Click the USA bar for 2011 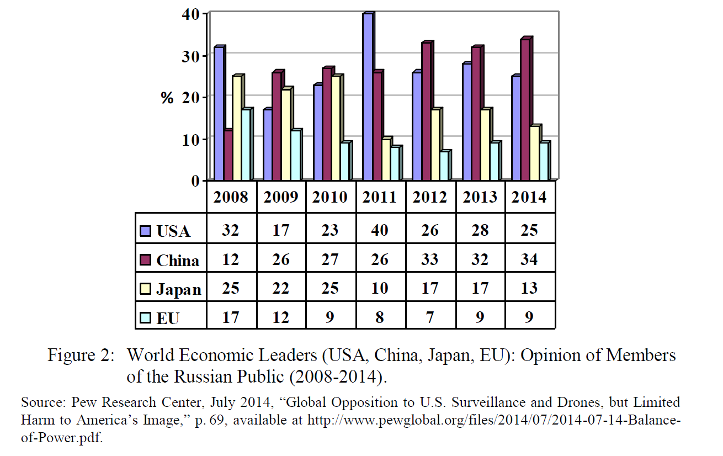pos(368,97)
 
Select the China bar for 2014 pos(525,110)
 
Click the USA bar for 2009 pos(267,145)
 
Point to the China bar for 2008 pos(227,155)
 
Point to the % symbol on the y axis pos(167,98)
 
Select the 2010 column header pos(330,197)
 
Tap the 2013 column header pos(480,197)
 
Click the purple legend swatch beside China pos(145,259)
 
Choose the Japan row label pos(178,289)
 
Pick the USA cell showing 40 pos(380,230)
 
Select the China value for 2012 pos(430,259)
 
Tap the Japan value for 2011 pos(380,288)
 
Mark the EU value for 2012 pos(430,317)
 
